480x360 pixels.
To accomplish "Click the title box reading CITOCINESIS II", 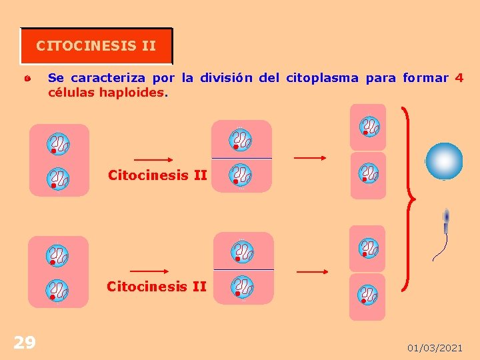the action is (96, 46).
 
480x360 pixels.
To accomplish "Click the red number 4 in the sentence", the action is (459, 78).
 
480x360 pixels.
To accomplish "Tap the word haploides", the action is (132, 93).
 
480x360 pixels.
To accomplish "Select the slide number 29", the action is (25, 343).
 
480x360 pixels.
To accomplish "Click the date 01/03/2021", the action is (435, 348).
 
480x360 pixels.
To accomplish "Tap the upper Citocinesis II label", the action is (157, 175).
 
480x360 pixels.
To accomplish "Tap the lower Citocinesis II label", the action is (157, 287).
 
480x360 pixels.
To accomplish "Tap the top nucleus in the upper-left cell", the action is (58, 143).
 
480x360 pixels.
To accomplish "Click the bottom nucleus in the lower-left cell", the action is (57, 290).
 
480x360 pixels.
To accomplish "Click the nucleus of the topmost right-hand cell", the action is (368, 126).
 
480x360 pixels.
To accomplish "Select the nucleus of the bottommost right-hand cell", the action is (368, 294).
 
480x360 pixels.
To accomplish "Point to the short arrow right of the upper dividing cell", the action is (310, 158).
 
